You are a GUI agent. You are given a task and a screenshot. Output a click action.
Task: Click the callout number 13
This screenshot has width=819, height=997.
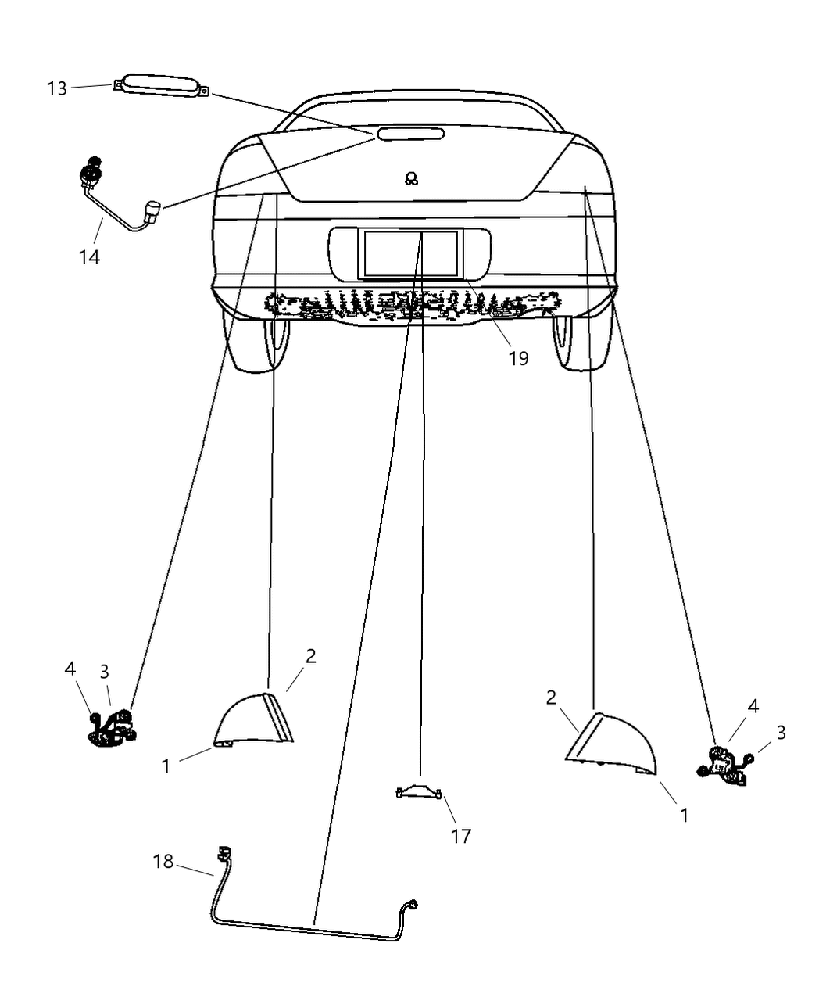(57, 88)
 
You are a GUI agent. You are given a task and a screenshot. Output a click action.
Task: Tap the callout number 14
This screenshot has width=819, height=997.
(89, 256)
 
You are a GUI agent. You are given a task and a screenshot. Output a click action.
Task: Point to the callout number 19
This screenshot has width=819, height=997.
(518, 358)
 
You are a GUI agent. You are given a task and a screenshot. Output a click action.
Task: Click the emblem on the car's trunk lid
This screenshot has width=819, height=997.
(411, 179)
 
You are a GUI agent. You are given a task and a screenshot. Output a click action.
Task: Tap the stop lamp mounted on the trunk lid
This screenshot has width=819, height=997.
(411, 134)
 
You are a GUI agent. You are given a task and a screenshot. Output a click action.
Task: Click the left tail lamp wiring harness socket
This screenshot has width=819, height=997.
(112, 727)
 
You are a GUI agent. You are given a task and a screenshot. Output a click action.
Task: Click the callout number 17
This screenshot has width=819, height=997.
(461, 836)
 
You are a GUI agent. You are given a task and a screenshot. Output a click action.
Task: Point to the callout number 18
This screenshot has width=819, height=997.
(163, 862)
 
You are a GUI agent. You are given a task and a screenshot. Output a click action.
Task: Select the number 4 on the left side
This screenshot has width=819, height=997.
(70, 669)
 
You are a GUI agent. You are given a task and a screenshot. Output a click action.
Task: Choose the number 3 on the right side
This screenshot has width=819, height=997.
(781, 733)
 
